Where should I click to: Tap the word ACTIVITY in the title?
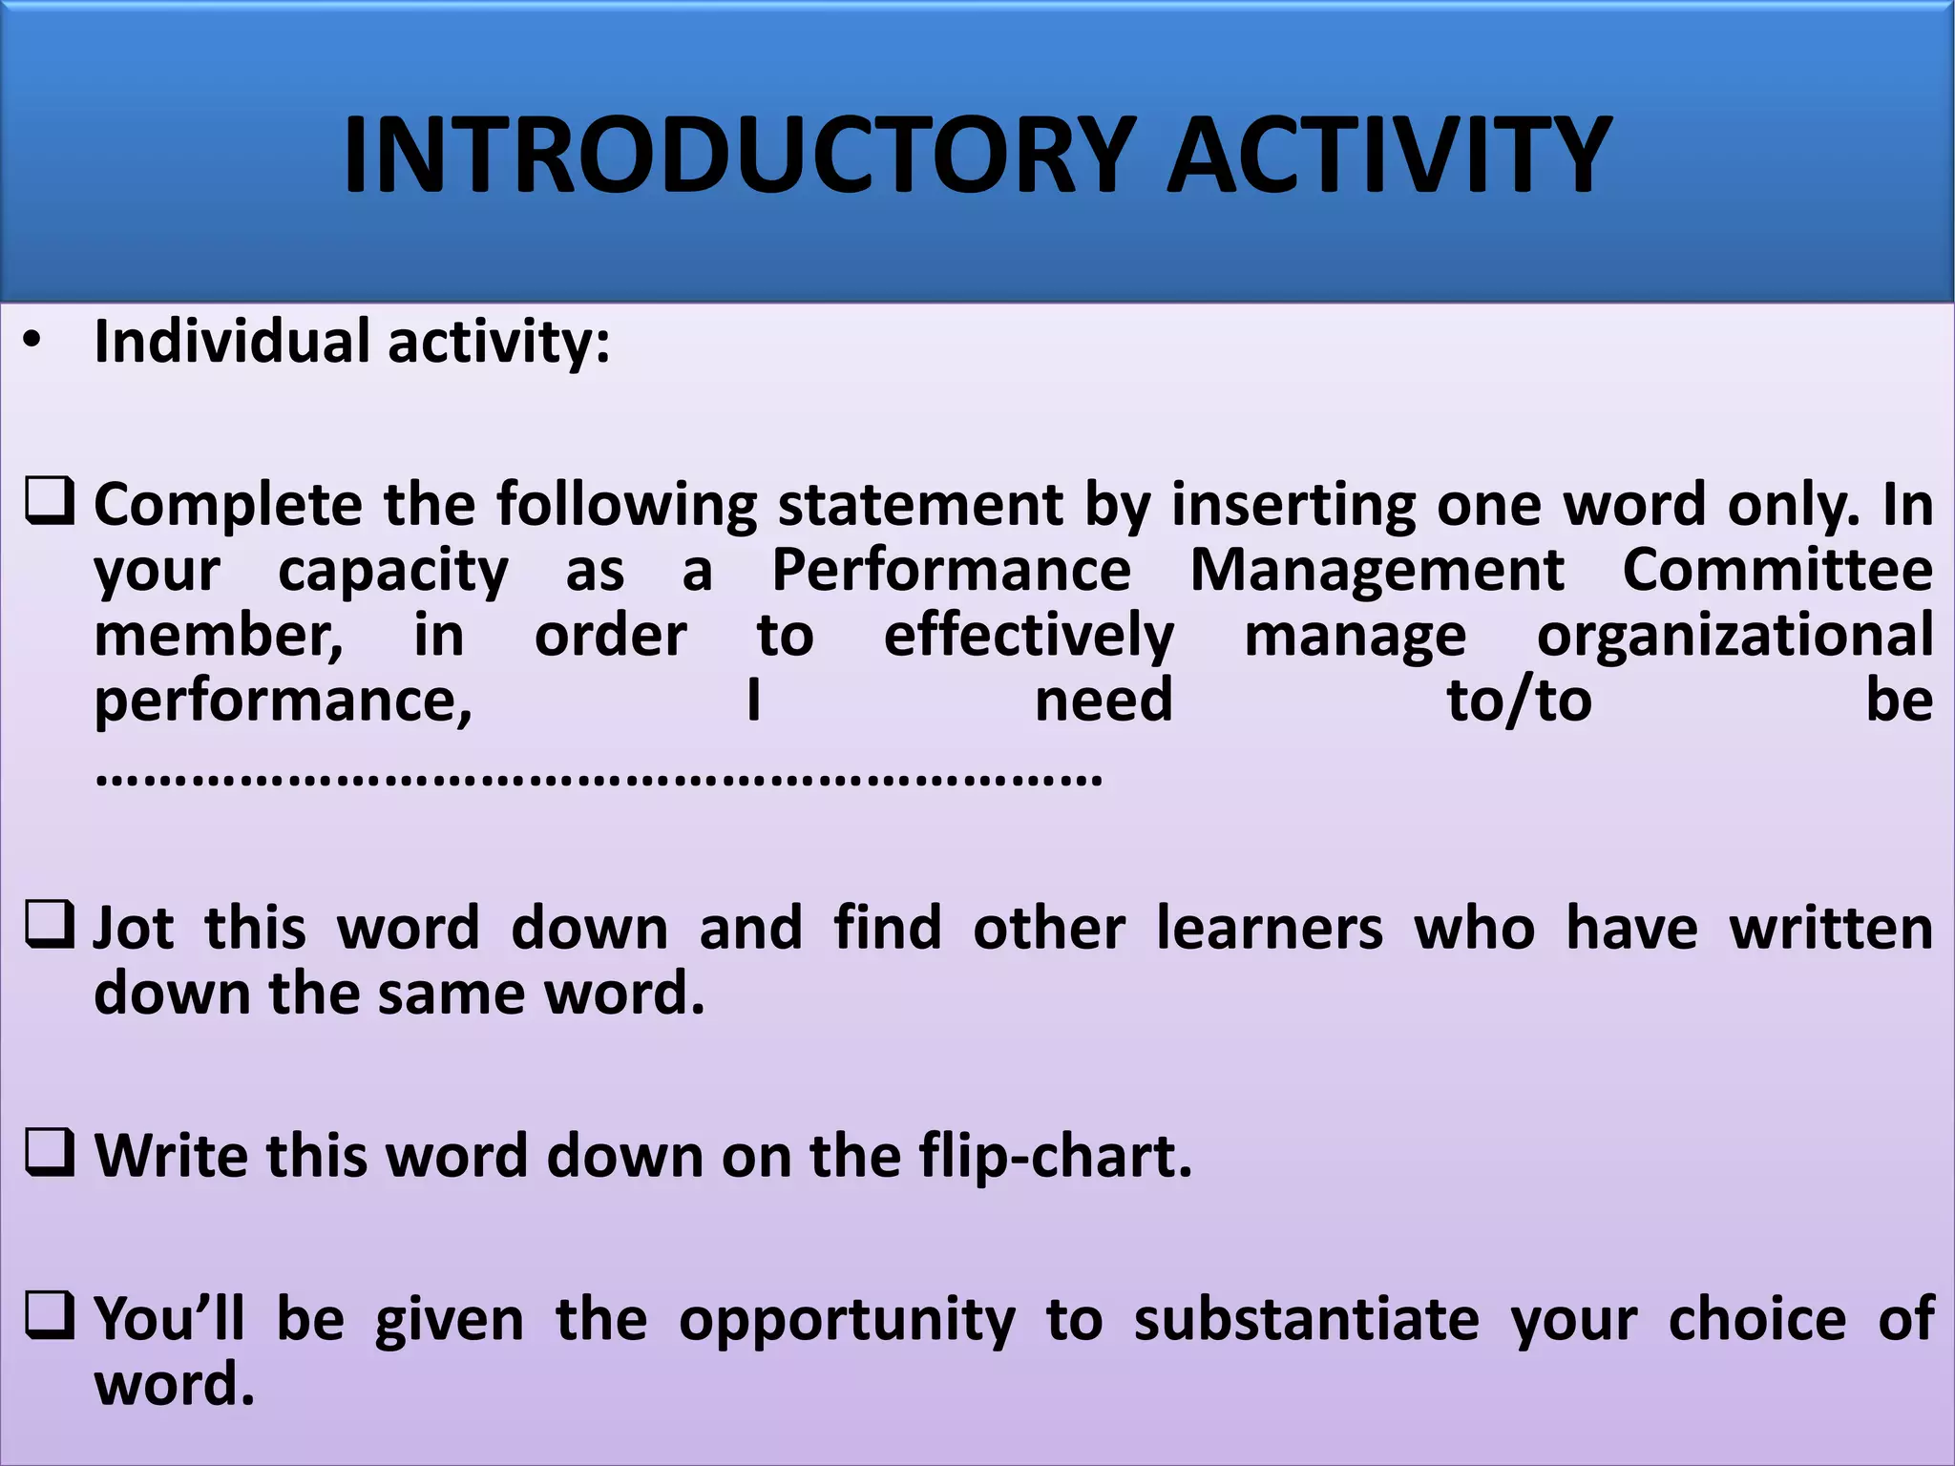pos(1388,155)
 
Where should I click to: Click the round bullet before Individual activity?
pos(33,343)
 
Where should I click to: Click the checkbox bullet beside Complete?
pos(49,502)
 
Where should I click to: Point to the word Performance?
pos(951,571)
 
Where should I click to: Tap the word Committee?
pos(1777,571)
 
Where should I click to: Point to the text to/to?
pos(1519,702)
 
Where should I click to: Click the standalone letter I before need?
pos(753,702)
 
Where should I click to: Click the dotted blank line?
pos(599,777)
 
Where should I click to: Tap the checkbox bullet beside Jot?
pos(49,925)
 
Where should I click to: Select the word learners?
pos(1269,928)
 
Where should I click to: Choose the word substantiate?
pos(1306,1319)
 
